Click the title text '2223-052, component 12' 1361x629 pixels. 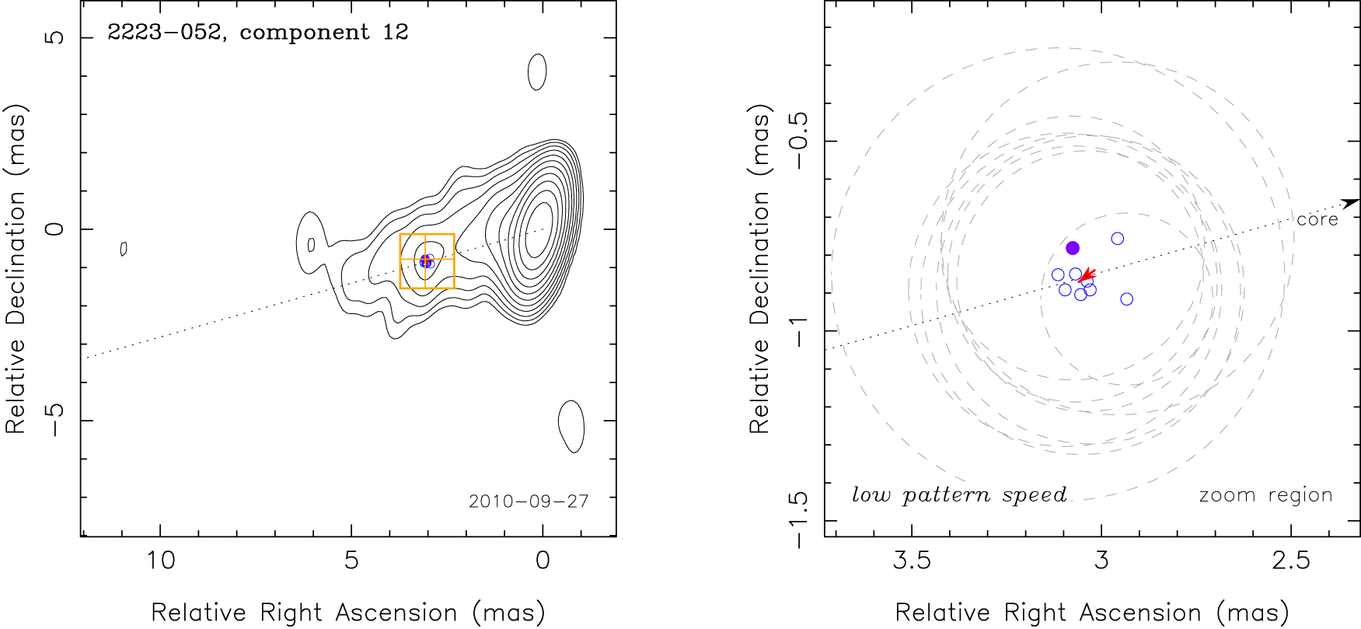[257, 33]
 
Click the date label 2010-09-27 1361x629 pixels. [529, 501]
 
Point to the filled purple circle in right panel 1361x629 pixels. [1073, 248]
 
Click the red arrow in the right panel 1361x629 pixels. [1087, 274]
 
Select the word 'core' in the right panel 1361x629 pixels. [1317, 220]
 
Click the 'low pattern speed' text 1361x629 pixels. [959, 495]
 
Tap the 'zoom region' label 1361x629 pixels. [1265, 495]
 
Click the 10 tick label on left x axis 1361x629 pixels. [161, 560]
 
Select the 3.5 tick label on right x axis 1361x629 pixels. [912, 560]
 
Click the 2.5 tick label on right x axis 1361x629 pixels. [1291, 560]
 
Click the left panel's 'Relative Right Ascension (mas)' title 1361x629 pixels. [347, 613]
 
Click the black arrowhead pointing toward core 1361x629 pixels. [1350, 203]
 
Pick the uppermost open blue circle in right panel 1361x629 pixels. [1118, 239]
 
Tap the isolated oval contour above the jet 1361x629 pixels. [536, 72]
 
